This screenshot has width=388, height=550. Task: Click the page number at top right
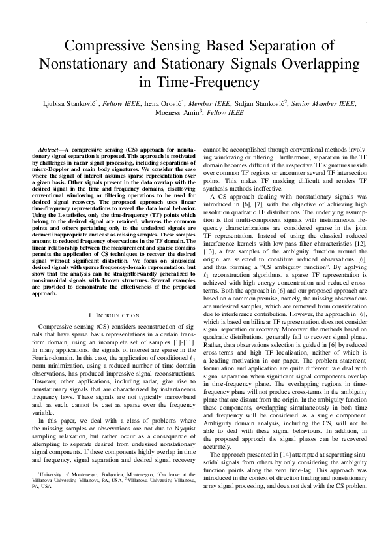[x=366, y=22]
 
